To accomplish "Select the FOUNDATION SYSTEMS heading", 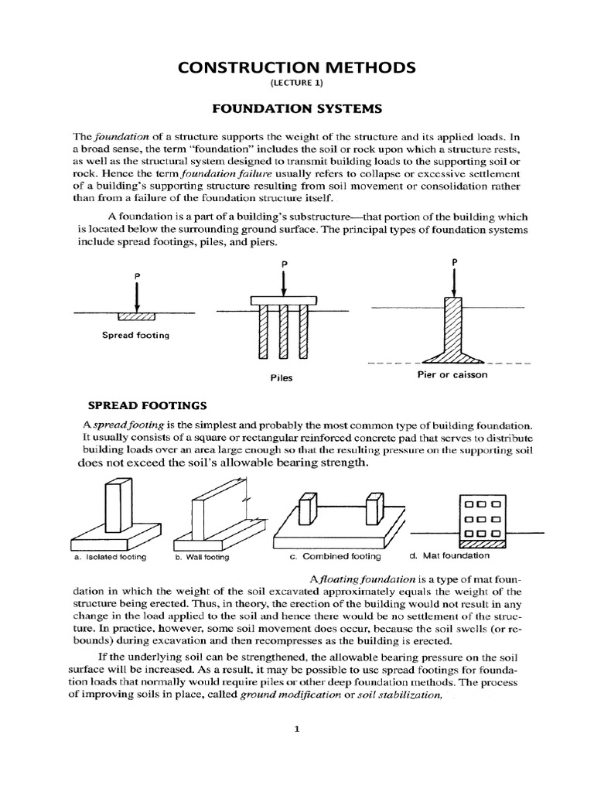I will pos(297,109).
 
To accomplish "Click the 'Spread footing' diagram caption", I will pos(135,335).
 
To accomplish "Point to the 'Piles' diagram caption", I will pos(282,377).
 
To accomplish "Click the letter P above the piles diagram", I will pos(285,263).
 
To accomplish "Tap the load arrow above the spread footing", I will pos(135,295).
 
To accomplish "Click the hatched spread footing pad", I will pos(135,316).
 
